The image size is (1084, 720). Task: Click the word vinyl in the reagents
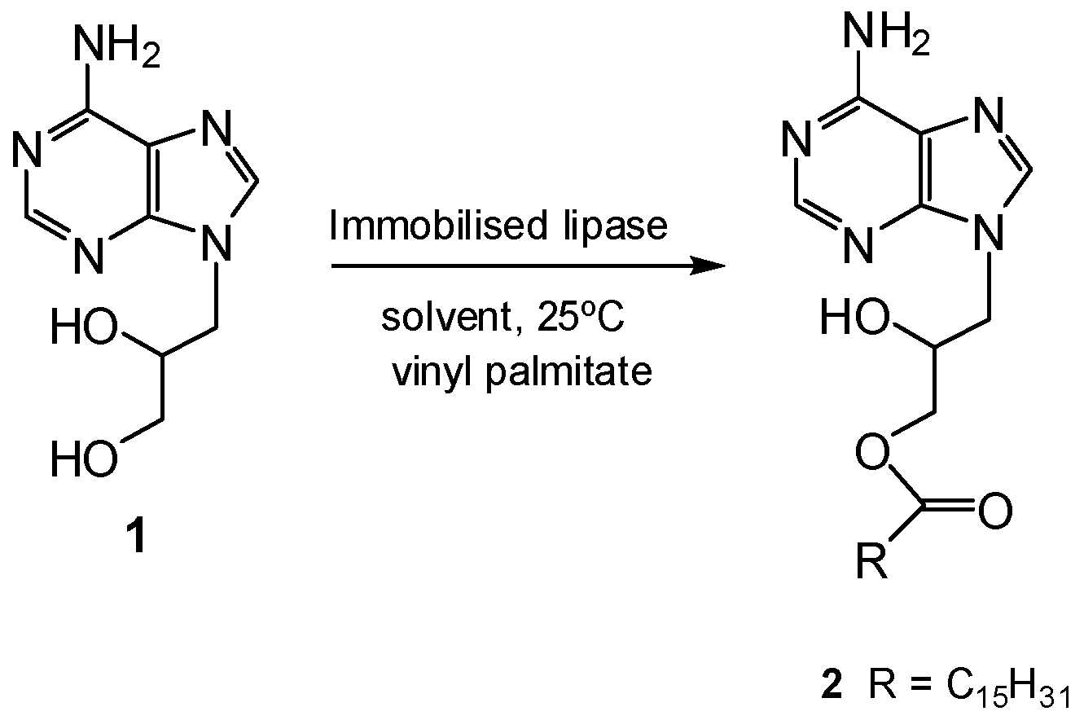tap(424, 371)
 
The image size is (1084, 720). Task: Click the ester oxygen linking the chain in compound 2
tap(872, 450)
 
